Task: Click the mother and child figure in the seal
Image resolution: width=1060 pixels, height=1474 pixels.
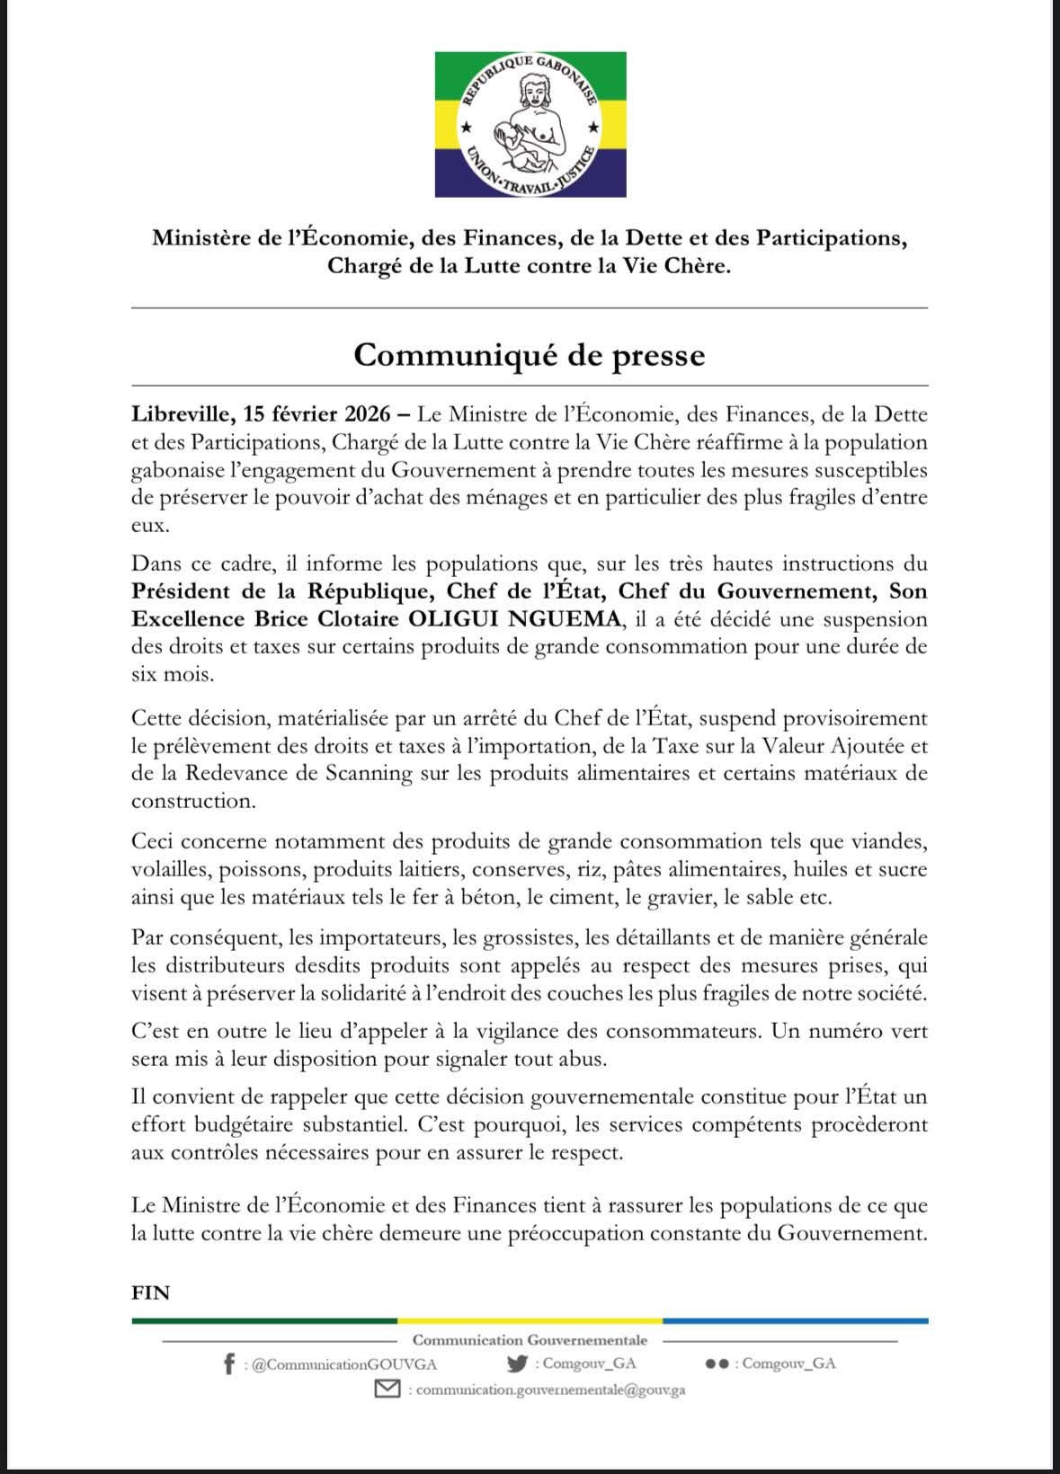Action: coord(530,124)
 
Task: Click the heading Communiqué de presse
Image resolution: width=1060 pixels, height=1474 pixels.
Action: coord(529,355)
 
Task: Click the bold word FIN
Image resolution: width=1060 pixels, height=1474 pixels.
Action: coord(150,1292)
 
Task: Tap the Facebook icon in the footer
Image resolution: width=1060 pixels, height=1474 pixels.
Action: coord(230,1364)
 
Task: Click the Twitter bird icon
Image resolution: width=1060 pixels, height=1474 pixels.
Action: coord(516,1363)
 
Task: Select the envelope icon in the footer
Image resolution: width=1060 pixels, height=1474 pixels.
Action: coord(387,1390)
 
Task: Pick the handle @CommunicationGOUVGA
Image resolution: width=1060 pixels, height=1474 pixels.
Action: coord(344,1364)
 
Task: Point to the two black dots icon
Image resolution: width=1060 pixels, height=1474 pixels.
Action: coord(717,1363)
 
